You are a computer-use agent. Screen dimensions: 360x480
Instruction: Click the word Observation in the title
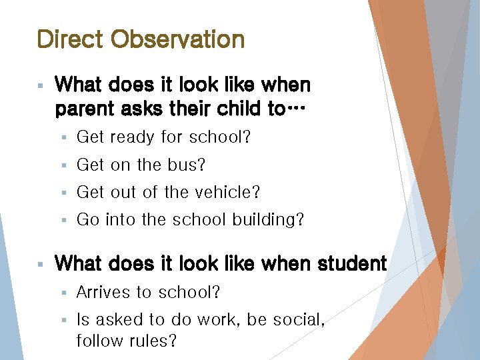click(x=178, y=39)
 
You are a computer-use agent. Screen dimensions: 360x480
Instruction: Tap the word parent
click(x=84, y=109)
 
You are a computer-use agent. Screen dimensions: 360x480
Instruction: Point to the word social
click(x=297, y=320)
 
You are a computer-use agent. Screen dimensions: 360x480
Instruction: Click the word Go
click(x=87, y=219)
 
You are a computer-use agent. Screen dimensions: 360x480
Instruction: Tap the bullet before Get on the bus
click(x=63, y=165)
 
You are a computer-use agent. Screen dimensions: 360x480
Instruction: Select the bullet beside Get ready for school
click(x=63, y=138)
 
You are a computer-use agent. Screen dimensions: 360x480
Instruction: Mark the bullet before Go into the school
click(x=63, y=220)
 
